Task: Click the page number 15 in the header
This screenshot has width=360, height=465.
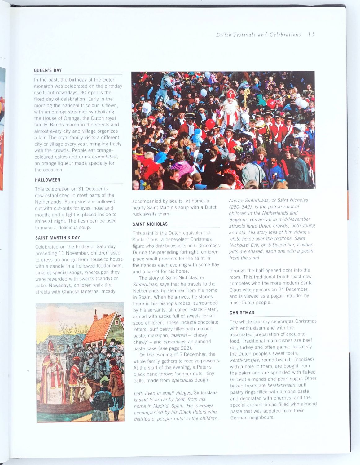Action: pyautogui.click(x=311, y=34)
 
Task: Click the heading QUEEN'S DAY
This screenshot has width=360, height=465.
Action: pyautogui.click(x=48, y=70)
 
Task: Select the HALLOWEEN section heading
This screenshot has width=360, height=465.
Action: pyautogui.click(x=47, y=180)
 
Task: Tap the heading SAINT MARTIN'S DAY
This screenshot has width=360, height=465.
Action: pyautogui.click(x=58, y=238)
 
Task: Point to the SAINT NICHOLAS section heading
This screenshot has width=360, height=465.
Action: pyautogui.click(x=150, y=224)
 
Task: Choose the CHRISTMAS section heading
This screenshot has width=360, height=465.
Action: pyautogui.click(x=242, y=313)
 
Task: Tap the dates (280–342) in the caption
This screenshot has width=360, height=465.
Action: pyautogui.click(x=240, y=207)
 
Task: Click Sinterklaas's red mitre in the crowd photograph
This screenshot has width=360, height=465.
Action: pyautogui.click(x=230, y=94)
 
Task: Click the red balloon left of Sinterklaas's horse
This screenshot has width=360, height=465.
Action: pyautogui.click(x=210, y=124)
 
